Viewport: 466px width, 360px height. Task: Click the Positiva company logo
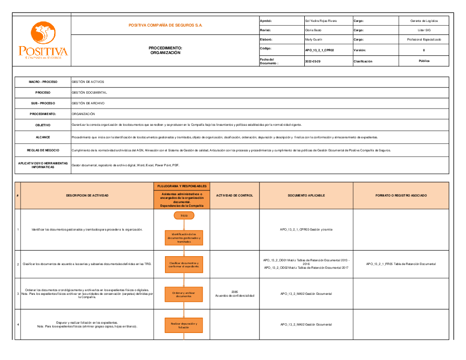pyautogui.click(x=43, y=41)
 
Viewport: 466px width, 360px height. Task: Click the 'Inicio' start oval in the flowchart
pyautogui.click(x=184, y=215)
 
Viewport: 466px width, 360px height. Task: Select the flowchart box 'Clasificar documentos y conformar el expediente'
pyautogui.click(x=184, y=265)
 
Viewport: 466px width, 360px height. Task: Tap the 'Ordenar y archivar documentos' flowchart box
pyautogui.click(x=184, y=294)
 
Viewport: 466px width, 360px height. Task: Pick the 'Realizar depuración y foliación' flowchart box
pyautogui.click(x=184, y=325)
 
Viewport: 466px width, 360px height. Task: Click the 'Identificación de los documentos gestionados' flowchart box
pyautogui.click(x=184, y=238)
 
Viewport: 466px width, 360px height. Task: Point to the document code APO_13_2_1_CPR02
pyautogui.click(x=319, y=50)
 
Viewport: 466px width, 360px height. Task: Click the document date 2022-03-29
pyautogui.click(x=313, y=61)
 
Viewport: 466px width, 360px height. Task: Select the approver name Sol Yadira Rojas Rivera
pyautogui.click(x=321, y=21)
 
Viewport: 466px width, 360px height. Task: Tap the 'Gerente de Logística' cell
pyautogui.click(x=424, y=21)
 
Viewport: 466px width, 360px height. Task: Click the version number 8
pyautogui.click(x=424, y=50)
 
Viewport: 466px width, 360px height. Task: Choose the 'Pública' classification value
pyautogui.click(x=424, y=61)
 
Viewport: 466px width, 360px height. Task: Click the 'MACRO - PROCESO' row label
pyautogui.click(x=43, y=82)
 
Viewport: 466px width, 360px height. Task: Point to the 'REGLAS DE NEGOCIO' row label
pyautogui.click(x=43, y=150)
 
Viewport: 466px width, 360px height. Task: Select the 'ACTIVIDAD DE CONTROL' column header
pyautogui.click(x=235, y=196)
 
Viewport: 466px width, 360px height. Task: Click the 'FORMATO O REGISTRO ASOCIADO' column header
pyautogui.click(x=401, y=196)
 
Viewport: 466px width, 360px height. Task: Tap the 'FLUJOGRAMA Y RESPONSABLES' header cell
pyautogui.click(x=182, y=186)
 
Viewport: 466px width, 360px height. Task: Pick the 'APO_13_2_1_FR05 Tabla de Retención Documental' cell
pyautogui.click(x=401, y=264)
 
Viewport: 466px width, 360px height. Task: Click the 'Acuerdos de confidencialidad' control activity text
pyautogui.click(x=235, y=296)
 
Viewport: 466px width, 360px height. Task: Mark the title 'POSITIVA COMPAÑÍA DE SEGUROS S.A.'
pyautogui.click(x=165, y=25)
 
